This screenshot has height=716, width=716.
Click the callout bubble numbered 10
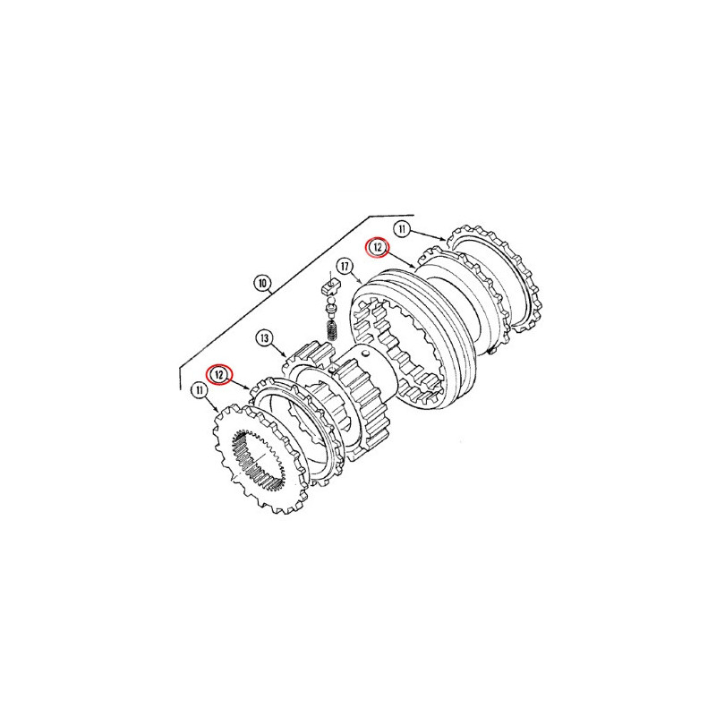click(x=262, y=284)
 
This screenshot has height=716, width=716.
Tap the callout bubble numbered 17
click(x=345, y=267)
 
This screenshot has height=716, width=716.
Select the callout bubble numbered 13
click(x=264, y=338)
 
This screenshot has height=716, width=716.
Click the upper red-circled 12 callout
click(x=378, y=248)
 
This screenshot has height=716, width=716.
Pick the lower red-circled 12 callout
click(x=219, y=375)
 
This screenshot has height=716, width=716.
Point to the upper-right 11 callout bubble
click(x=402, y=229)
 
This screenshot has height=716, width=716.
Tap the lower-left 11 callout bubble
click(x=199, y=390)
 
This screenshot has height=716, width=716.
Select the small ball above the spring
click(x=330, y=301)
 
